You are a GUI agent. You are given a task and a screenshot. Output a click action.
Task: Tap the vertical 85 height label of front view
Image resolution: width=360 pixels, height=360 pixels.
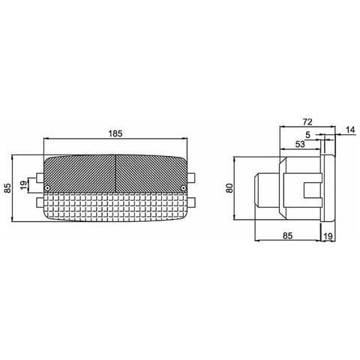coord(8,189)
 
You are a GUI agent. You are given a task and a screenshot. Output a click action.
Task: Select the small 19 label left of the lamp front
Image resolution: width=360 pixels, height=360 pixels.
coord(23,184)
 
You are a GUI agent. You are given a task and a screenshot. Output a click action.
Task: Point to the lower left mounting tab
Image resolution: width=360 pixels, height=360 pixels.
coord(39,202)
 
